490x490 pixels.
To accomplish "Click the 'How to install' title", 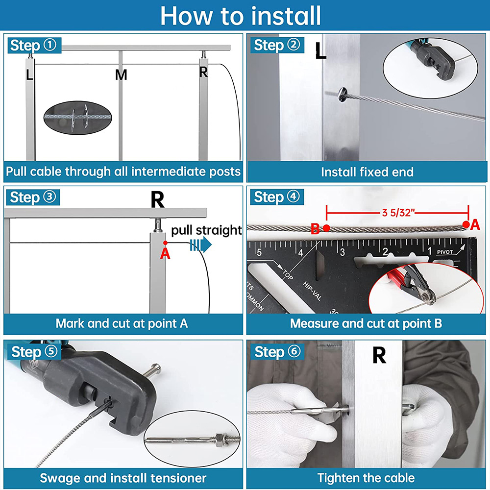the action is coord(240,15).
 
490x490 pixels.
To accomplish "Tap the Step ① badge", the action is coord(34,45).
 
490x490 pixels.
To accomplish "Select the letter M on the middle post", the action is coord(121,74).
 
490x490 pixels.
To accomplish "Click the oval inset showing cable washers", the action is coord(77,118).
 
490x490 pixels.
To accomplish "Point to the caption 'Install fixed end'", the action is coord(367,172).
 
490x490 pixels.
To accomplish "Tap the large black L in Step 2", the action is coord(320,50).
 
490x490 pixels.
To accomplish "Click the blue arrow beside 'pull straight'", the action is coord(200,245).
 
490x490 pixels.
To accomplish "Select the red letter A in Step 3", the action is coord(165,253).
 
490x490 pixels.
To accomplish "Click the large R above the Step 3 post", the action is coord(157,199).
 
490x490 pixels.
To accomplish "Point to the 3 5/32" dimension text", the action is coord(398,213).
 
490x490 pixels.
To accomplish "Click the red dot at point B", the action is coord(326,228).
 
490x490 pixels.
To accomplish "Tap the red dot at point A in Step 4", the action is coord(466,224).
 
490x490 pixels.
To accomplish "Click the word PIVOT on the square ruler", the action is coord(445,252).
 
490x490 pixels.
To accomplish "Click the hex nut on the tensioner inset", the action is coord(219,439).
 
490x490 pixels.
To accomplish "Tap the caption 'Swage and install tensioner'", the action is coord(123,478).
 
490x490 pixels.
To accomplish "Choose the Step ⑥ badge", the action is coord(277,352).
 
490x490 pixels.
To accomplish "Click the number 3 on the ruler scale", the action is coord(343,252).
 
